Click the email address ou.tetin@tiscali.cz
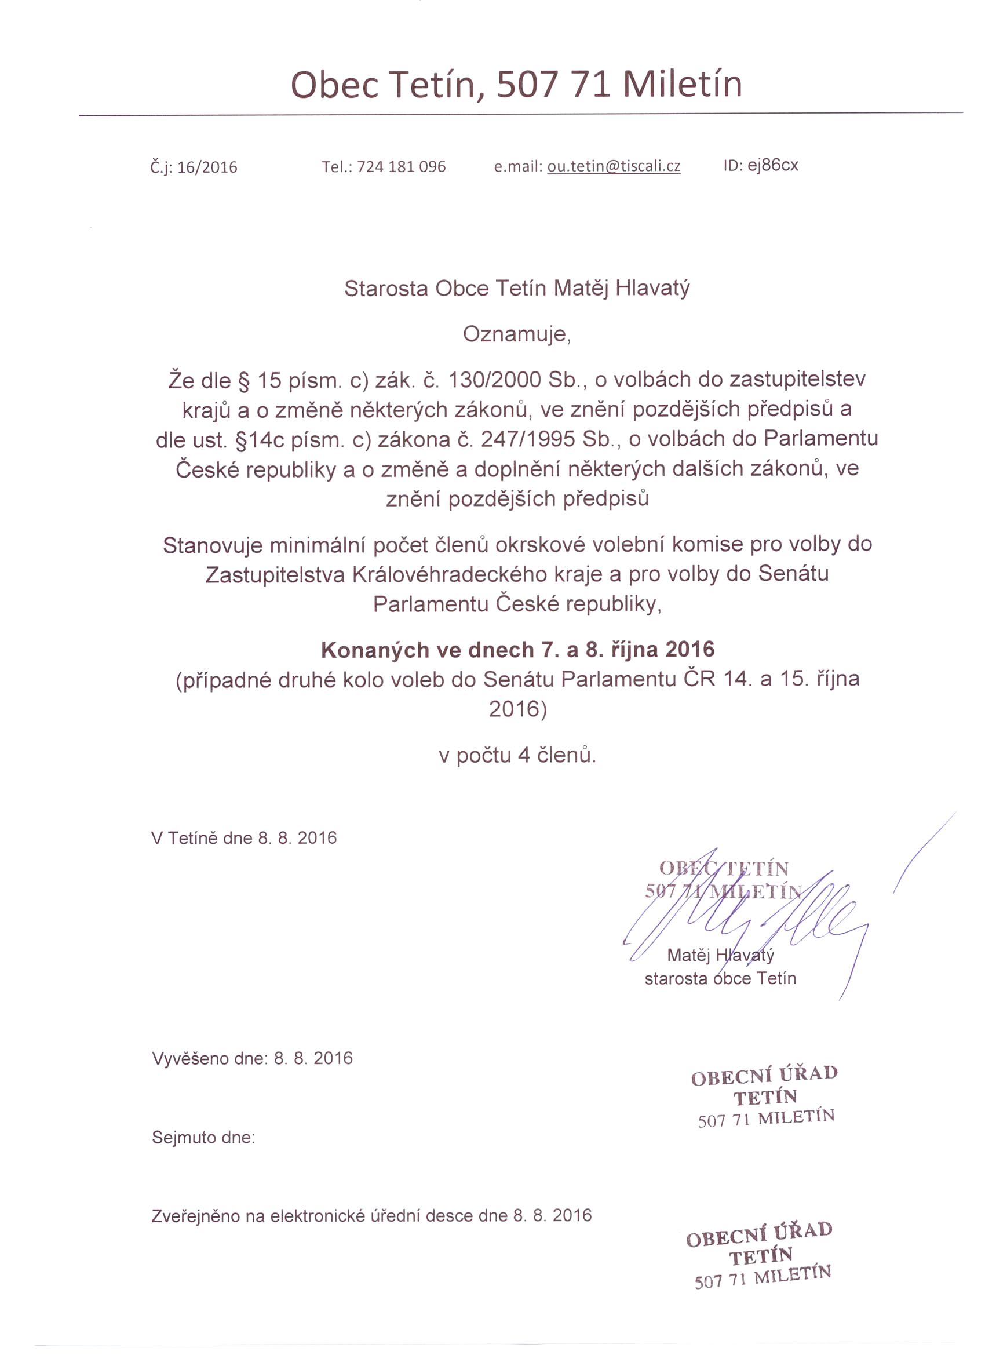(614, 166)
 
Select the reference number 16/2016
(207, 167)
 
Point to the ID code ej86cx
(772, 165)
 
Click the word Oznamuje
(516, 334)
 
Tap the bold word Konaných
(368, 650)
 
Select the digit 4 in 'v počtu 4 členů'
(523, 755)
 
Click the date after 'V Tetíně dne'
(297, 837)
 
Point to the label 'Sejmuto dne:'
(203, 1137)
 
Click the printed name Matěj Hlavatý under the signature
(720, 955)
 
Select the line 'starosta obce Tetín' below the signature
(720, 979)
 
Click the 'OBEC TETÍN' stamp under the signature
(723, 879)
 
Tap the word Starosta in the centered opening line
(386, 289)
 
